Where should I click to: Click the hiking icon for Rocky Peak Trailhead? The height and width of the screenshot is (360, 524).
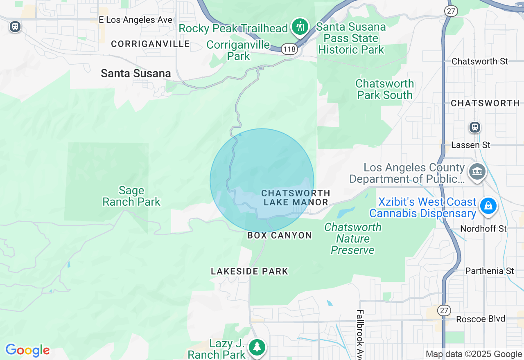300,27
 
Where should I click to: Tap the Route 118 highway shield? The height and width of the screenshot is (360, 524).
289,49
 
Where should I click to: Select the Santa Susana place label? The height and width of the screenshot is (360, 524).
136,74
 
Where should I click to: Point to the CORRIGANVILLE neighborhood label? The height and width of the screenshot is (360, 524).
150,44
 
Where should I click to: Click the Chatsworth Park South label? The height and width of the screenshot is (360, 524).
384,89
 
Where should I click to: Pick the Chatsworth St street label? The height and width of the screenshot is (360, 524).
479,61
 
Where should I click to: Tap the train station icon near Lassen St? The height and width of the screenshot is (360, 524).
475,127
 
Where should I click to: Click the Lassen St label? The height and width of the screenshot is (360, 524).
470,145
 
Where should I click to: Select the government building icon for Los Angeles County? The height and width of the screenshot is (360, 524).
477,171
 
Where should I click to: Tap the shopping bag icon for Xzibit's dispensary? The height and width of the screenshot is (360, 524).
488,206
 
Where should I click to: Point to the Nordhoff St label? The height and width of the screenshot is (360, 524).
483,229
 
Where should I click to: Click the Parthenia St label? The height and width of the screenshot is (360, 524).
489,271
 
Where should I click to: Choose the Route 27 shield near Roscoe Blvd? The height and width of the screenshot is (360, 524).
444,310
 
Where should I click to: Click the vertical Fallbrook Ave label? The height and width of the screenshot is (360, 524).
360,333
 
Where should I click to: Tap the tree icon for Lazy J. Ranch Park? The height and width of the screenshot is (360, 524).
257,347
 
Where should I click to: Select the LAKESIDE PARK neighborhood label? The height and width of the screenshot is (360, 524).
249,271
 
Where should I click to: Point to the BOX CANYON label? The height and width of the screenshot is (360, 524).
280,235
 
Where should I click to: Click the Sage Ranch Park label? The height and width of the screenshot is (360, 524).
131,196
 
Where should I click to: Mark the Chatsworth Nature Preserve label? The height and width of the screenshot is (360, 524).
352,239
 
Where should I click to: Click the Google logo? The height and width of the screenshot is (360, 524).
27,350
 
